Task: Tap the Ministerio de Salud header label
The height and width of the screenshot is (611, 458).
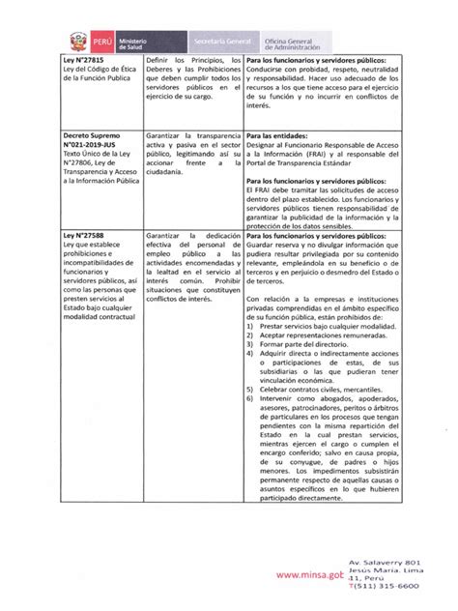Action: coord(137,43)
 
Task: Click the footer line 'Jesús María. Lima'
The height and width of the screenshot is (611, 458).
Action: coord(408,574)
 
